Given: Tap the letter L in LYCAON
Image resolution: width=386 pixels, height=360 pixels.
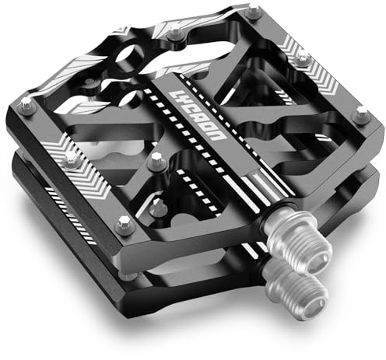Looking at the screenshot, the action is (x=175, y=96).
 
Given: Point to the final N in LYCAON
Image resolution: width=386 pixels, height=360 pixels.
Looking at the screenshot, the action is (x=217, y=135).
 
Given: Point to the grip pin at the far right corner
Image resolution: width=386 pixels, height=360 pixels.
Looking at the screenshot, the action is (x=362, y=114).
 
